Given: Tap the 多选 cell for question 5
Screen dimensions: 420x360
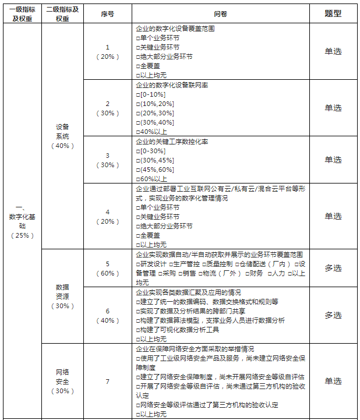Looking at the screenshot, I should (x=333, y=268).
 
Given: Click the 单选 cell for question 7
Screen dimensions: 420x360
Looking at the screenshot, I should (x=333, y=382).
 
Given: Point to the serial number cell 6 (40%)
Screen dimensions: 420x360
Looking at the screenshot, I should (x=107, y=315).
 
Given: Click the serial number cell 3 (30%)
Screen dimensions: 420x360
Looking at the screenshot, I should (x=107, y=160).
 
